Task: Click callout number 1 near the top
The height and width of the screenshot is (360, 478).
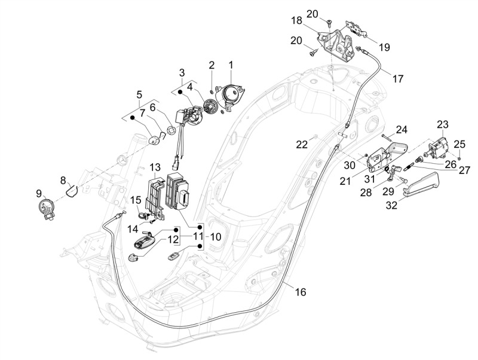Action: pos(231,64)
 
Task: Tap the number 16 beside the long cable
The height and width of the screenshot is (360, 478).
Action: pos(300,292)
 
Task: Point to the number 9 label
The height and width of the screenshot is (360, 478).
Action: pos(39,193)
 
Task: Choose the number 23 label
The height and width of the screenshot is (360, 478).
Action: pos(442,124)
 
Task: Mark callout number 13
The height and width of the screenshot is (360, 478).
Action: pos(155,166)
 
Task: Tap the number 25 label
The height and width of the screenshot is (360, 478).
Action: pos(459,144)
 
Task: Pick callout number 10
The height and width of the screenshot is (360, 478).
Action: pos(215,237)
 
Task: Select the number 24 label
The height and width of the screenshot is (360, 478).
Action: pos(401,129)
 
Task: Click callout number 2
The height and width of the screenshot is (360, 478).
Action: pos(211,64)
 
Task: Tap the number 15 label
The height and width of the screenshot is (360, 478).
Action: pos(136,200)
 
